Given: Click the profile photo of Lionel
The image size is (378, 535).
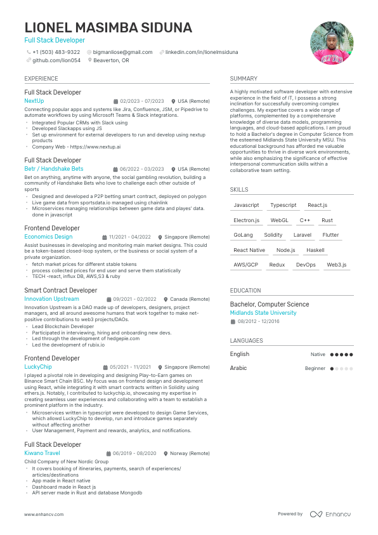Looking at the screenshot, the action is click(332, 43).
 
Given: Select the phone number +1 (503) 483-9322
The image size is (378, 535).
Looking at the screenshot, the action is click(56, 52).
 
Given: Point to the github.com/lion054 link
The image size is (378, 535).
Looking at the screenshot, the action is click(56, 60).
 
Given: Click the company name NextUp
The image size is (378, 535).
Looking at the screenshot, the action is click(34, 101).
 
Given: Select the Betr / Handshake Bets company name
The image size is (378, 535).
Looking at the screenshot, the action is click(54, 169).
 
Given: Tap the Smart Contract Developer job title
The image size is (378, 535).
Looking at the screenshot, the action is click(61, 290).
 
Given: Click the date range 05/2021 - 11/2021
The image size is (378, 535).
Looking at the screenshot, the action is click(130, 367).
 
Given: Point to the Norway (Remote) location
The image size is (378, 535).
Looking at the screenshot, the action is click(190, 453).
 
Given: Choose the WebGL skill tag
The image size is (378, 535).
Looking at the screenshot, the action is click(280, 220).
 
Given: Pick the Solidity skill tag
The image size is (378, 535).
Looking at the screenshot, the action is click(273, 235).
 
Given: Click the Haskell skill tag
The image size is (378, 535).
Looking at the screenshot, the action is click(315, 250).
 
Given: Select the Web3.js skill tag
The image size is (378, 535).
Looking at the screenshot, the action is click(337, 265).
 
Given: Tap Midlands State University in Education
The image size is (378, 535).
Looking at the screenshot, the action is click(263, 313).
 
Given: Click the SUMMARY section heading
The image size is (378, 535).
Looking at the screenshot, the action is click(244, 79).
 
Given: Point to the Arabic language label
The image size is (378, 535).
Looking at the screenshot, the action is click(238, 368).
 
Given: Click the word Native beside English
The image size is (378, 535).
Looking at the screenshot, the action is click(318, 354).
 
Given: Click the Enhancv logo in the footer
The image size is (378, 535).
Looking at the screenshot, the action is click(330, 514).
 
